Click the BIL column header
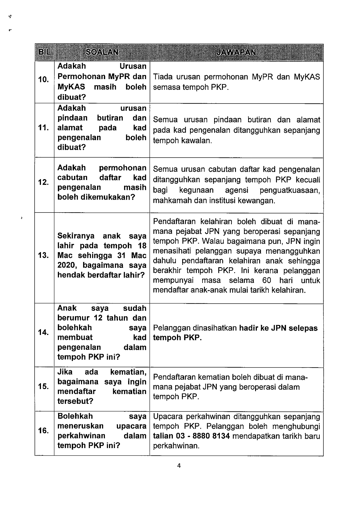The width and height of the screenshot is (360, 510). (x=44, y=52)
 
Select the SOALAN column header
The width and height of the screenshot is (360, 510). (x=102, y=52)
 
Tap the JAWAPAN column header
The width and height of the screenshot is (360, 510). (x=236, y=52)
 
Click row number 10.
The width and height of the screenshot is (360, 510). (x=43, y=79)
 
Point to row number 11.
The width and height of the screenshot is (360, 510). (x=43, y=128)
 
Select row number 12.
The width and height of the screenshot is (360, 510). (x=43, y=182)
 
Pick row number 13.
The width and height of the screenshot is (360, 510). (x=43, y=256)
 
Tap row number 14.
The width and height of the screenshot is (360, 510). (x=43, y=332)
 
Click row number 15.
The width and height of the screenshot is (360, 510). (x=43, y=386)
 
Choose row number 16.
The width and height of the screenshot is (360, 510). (x=43, y=431)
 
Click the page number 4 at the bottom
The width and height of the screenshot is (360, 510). (x=179, y=466)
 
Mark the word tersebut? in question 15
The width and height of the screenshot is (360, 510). (x=75, y=401)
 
